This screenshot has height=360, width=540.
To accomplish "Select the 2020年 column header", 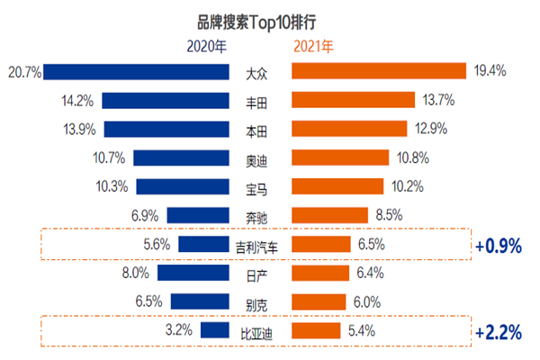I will [208, 45].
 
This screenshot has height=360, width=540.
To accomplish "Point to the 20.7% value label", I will [22, 71].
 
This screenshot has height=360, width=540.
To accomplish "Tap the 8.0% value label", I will [136, 274].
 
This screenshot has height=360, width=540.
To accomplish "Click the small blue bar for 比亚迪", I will [214, 331].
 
